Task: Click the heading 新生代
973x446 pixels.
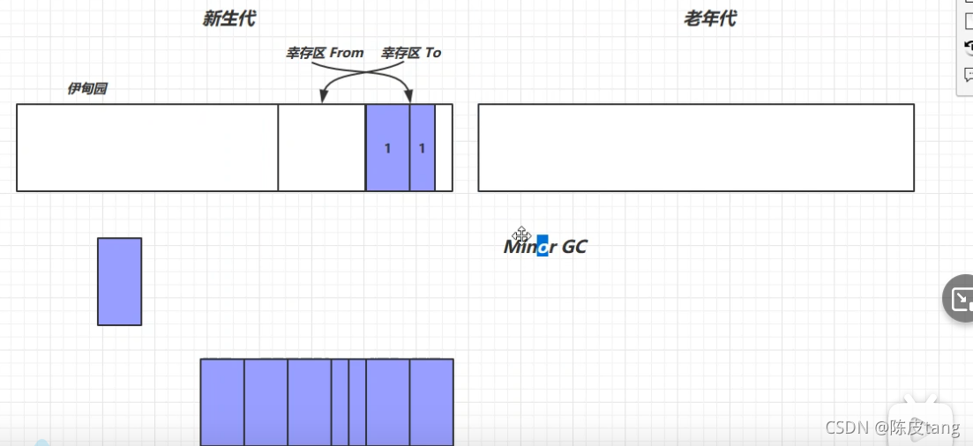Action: (x=228, y=19)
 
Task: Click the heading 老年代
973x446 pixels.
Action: (x=709, y=19)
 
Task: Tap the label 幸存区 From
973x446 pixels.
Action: (x=325, y=53)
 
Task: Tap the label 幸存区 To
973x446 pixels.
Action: (x=411, y=53)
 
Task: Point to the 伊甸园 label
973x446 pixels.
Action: (x=87, y=89)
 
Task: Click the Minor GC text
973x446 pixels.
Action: (x=545, y=247)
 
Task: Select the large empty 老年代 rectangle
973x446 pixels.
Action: (x=696, y=147)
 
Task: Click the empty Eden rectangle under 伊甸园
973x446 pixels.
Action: (x=147, y=147)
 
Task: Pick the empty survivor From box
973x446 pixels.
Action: (x=322, y=147)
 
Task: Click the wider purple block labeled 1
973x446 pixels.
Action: (x=388, y=147)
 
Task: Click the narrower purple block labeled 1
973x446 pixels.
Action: (x=423, y=147)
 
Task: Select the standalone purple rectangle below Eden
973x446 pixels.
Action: (x=119, y=281)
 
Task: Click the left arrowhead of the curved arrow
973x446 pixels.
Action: (x=323, y=98)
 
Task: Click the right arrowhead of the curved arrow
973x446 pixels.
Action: (x=410, y=98)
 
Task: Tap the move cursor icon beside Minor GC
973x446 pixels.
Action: (x=520, y=235)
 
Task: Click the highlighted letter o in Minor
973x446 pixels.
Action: (x=543, y=247)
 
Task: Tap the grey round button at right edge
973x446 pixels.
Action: (x=961, y=299)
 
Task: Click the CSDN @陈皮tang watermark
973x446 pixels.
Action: (x=892, y=427)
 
